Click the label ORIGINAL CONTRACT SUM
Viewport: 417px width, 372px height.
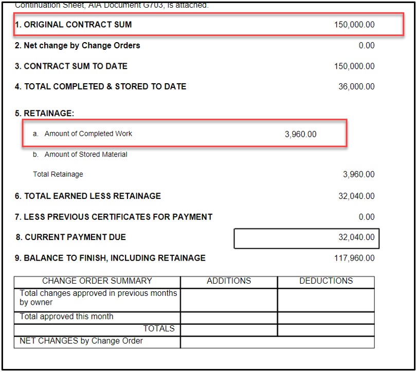[78, 25]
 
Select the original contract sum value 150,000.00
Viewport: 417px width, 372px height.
[354, 25]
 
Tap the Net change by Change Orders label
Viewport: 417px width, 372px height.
[78, 46]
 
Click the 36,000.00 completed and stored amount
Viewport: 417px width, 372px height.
[356, 87]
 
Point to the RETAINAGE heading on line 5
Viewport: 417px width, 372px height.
[45, 114]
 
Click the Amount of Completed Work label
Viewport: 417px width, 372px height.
[88, 134]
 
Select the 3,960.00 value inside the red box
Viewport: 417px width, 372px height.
[300, 135]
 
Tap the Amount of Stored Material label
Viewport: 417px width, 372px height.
[85, 155]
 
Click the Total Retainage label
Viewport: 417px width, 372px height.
[58, 175]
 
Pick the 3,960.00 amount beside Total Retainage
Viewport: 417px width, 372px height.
[358, 175]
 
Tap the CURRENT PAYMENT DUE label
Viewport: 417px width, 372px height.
[75, 237]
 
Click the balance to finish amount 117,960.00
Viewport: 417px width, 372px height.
[354, 258]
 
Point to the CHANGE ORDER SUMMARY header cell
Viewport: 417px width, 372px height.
[97, 281]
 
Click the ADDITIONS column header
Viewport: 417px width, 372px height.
[229, 281]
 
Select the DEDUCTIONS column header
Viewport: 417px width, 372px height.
[326, 281]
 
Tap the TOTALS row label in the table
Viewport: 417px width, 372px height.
[159, 329]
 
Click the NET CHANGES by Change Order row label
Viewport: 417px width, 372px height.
[81, 341]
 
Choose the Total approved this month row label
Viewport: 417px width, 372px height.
[66, 317]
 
